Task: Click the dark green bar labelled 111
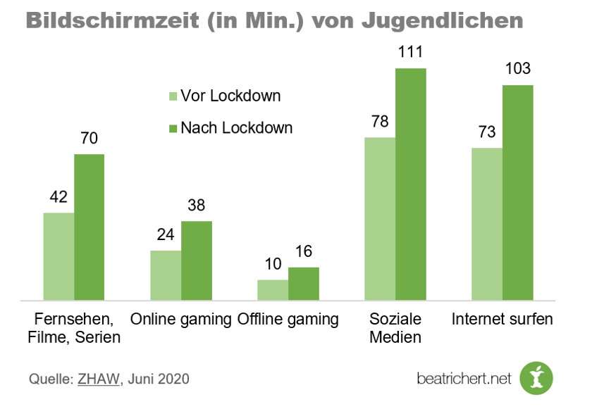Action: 411,184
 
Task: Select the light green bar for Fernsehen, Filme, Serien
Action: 58,256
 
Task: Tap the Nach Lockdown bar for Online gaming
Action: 197,260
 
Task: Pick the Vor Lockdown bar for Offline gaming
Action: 273,290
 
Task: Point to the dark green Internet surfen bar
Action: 518,193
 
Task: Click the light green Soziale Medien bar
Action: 380,219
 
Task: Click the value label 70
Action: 90,139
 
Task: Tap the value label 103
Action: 518,69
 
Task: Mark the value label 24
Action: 166,234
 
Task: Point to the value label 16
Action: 304,251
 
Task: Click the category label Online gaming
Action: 181,319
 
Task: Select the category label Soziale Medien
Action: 395,327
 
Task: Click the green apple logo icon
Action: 537,378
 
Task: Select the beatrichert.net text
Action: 463,379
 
